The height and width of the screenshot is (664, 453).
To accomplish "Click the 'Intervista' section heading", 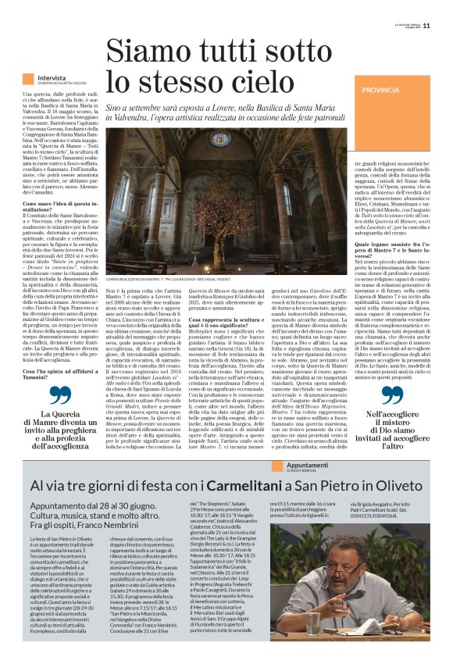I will click(x=52, y=78).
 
